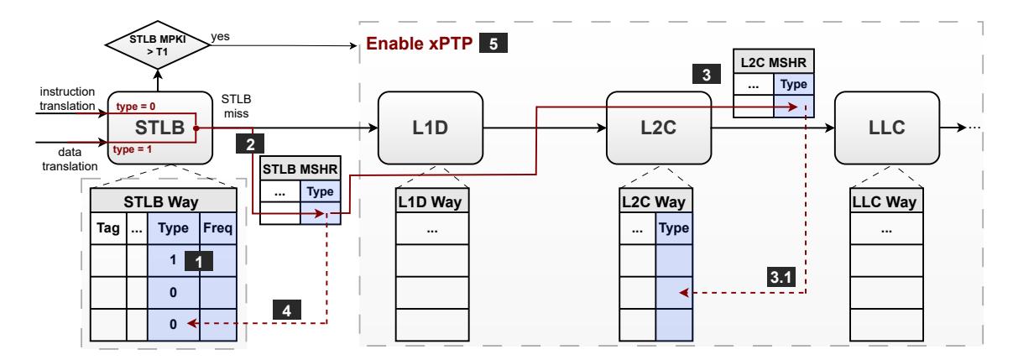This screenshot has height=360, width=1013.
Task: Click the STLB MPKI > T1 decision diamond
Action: pyautogui.click(x=158, y=44)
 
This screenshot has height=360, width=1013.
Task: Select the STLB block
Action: pyautogui.click(x=160, y=128)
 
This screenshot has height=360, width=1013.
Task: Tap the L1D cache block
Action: pyautogui.click(x=430, y=128)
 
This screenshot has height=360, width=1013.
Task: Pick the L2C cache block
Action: pyautogui.click(x=659, y=128)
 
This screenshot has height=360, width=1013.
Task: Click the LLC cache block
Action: pyautogui.click(x=887, y=128)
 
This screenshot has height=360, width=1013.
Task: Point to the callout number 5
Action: pyautogui.click(x=493, y=44)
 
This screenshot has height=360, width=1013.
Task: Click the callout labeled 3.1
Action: pyautogui.click(x=781, y=277)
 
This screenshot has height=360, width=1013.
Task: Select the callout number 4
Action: pyautogui.click(x=287, y=310)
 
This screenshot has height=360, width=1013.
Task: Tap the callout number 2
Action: pyautogui.click(x=250, y=143)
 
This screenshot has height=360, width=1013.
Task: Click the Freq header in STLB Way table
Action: pyautogui.click(x=218, y=228)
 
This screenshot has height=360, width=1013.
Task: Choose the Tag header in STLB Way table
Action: pyautogui.click(x=108, y=228)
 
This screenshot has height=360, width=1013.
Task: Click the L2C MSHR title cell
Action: pyautogui.click(x=773, y=61)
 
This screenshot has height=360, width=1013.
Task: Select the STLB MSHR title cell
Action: pyautogui.click(x=300, y=169)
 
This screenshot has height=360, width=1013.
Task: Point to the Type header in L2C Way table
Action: pyautogui.click(x=674, y=228)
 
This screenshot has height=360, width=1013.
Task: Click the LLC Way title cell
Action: pyautogui.click(x=886, y=201)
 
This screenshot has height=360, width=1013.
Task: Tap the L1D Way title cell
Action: pyautogui.click(x=432, y=201)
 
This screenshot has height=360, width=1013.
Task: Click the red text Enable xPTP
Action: pyautogui.click(x=420, y=44)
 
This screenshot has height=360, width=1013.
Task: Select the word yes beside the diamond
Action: pyautogui.click(x=220, y=36)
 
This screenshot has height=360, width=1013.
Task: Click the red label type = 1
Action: pyautogui.click(x=133, y=149)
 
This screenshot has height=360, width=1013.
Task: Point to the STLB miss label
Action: pyautogui.click(x=236, y=107)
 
